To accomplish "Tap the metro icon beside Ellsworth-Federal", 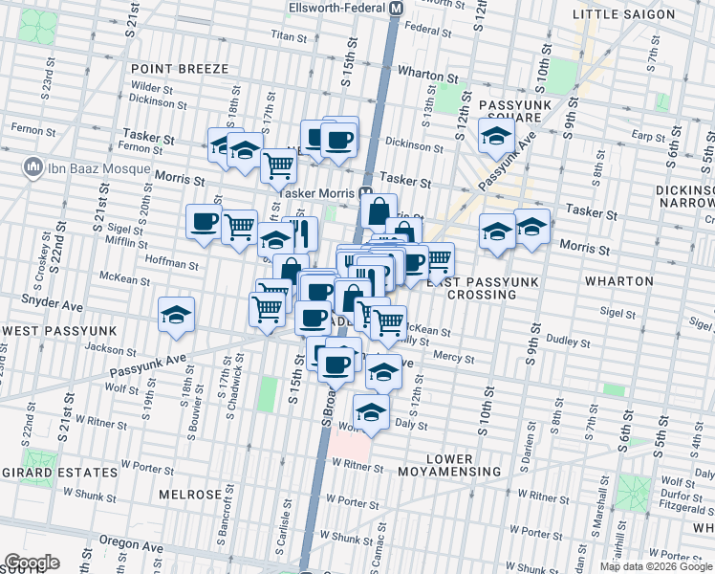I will coord(395,8).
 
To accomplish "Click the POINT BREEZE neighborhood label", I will coord(180,69).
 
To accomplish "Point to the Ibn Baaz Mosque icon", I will coord(34,168).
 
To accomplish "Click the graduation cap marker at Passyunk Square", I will coord(496,138).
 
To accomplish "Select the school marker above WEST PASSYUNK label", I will coord(177,315).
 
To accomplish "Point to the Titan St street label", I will coord(288,36).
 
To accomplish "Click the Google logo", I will coord(32,563).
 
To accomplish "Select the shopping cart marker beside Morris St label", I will coord(278,166).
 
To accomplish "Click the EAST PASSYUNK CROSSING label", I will coord(472,288).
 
